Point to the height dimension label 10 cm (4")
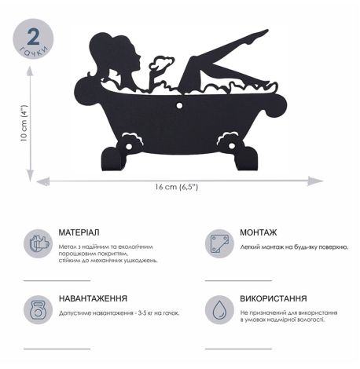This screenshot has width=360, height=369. [24, 123]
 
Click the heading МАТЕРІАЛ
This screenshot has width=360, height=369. [79, 233]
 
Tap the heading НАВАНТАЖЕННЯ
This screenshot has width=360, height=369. [93, 299]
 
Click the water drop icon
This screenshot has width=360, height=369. [219, 309]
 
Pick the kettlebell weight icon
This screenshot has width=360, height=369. [36, 309]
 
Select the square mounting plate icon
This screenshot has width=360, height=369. [219, 243]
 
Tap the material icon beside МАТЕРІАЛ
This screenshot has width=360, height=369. [36, 243]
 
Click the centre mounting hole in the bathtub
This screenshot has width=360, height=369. [180, 103]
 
